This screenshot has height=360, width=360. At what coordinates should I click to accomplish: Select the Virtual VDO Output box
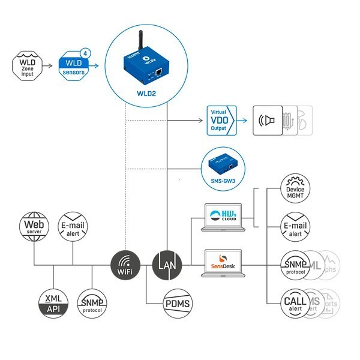point(221,120)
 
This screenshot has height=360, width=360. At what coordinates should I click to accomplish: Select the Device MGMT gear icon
point(296,189)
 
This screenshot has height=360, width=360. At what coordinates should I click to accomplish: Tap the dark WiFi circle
point(126,265)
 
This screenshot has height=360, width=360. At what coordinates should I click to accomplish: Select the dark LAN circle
point(166,265)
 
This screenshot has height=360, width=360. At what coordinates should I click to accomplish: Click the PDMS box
point(178,304)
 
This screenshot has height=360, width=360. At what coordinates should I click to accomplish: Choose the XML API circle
point(55,303)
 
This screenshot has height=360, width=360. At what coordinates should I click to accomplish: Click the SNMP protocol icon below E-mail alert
point(92,303)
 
